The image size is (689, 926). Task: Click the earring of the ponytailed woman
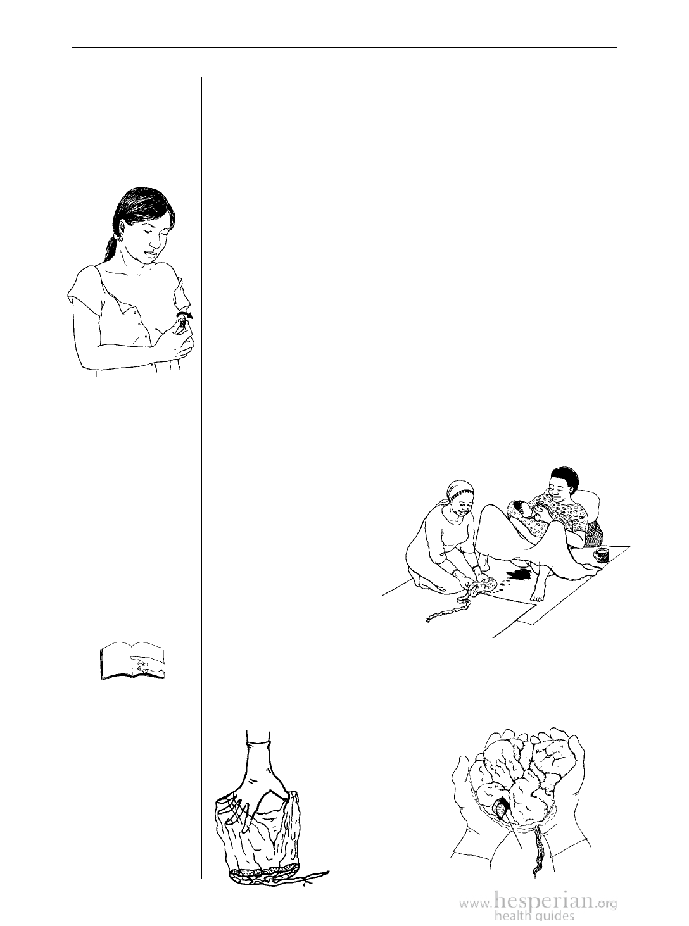(120, 239)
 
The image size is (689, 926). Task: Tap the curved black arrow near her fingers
(185, 313)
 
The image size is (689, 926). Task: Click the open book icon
(133, 661)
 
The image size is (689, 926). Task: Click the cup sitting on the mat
(602, 556)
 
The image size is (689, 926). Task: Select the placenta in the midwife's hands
(483, 585)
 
